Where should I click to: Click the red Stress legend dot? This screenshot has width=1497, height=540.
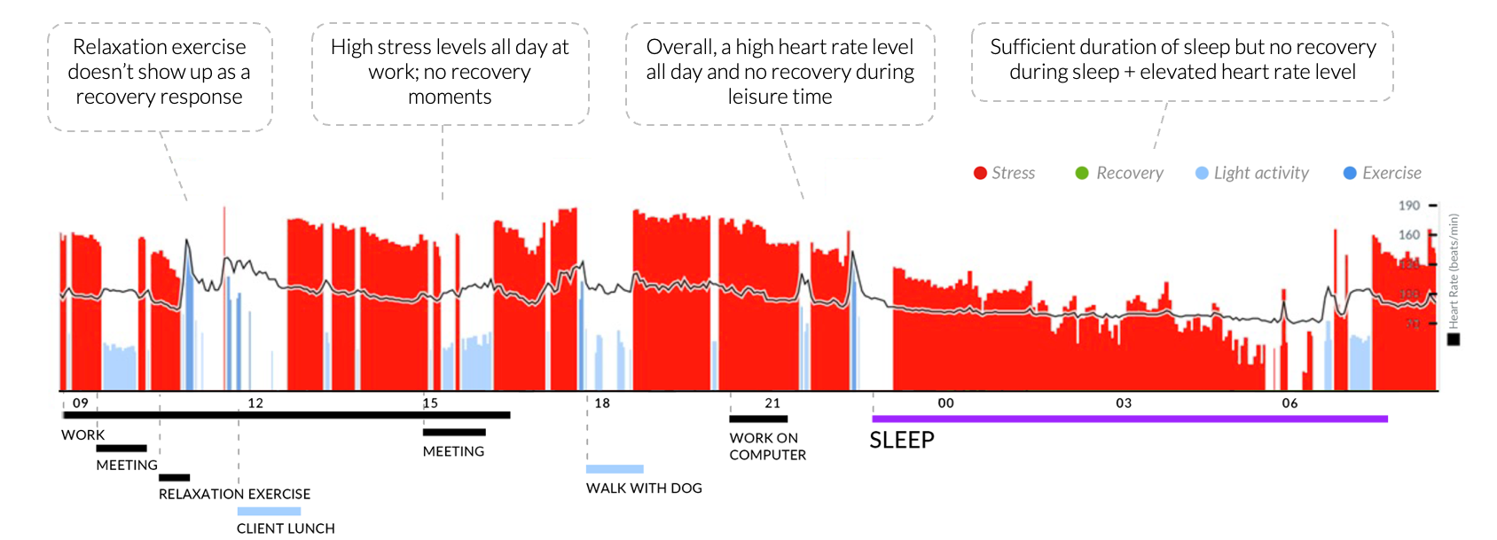click(980, 174)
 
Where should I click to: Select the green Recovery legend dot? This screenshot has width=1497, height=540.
click(1082, 174)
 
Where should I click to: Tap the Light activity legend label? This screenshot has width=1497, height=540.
click(1261, 174)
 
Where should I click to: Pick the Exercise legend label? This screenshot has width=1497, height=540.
click(1391, 174)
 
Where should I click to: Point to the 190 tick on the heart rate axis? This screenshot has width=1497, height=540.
click(1409, 206)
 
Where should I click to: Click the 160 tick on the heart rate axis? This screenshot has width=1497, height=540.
click(1409, 235)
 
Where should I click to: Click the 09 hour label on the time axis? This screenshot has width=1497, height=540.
click(81, 403)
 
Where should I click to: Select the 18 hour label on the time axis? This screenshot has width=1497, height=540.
click(602, 403)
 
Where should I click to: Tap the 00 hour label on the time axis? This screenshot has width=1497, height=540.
click(946, 403)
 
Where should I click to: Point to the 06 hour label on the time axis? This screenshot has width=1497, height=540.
click(1289, 403)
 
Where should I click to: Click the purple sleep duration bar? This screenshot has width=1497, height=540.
click(1129, 419)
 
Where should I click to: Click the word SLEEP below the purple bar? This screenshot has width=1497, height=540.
click(902, 441)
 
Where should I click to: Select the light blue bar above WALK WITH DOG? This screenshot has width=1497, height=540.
click(615, 469)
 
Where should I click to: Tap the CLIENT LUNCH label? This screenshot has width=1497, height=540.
click(286, 528)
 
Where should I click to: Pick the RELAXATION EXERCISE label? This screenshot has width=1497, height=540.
click(234, 494)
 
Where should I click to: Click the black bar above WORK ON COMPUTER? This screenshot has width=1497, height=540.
click(758, 419)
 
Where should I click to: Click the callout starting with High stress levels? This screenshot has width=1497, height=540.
click(450, 73)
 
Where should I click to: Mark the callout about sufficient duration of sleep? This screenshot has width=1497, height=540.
click(1182, 60)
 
